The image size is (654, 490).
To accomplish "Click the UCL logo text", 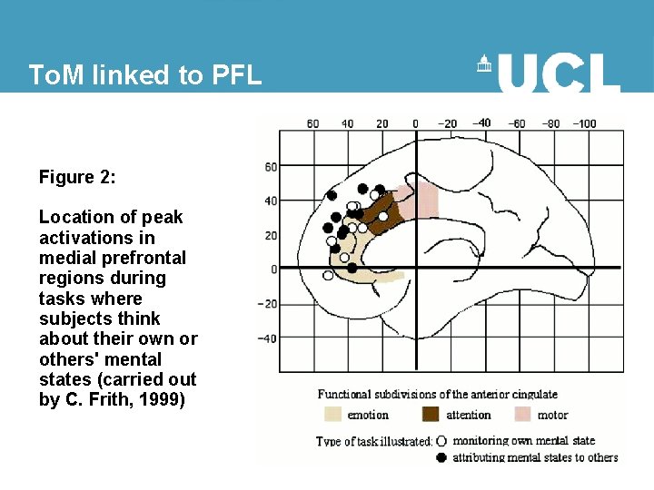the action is point(558,73).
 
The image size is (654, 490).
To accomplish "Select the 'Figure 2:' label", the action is point(77,177).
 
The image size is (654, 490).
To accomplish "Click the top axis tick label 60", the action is point(312,123).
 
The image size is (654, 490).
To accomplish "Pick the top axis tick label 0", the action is point(415,123).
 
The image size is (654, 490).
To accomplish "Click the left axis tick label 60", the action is point(271,166).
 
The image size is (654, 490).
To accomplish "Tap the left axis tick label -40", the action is point(267,338).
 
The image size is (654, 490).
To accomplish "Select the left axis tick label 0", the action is point(272,269).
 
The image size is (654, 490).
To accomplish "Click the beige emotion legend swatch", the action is point(332,415).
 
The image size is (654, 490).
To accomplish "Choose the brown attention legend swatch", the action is point(431,415).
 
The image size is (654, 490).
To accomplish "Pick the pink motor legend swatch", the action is point(523,415).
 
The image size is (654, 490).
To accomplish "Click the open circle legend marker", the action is point(441,441).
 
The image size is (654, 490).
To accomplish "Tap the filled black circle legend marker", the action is point(441,457).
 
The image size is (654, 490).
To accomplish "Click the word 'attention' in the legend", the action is point(469,416).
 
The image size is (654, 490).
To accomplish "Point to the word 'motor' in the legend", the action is point(553,416).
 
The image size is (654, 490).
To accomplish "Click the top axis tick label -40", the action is point(482,123).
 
